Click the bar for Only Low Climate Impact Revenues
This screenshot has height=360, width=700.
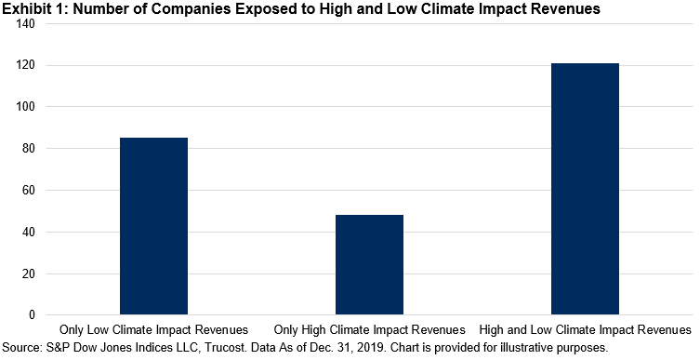tap(153, 226)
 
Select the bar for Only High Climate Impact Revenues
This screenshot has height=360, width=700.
tap(369, 265)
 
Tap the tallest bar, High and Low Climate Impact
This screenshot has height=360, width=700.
tap(585, 189)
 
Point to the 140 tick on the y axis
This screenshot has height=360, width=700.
tap(26, 23)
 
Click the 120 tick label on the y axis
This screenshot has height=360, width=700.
tap(26, 65)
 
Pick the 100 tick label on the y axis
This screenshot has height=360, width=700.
tap(26, 107)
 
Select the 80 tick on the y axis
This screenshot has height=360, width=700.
tap(29, 148)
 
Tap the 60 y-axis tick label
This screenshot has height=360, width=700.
tap(29, 191)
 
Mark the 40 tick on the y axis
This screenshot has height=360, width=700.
tap(29, 232)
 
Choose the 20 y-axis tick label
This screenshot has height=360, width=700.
tap(29, 273)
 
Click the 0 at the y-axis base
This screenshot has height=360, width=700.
tap(33, 315)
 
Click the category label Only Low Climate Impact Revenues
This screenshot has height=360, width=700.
tap(153, 330)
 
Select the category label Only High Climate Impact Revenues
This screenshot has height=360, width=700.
tap(369, 330)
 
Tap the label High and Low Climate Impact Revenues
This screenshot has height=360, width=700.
tap(585, 330)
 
